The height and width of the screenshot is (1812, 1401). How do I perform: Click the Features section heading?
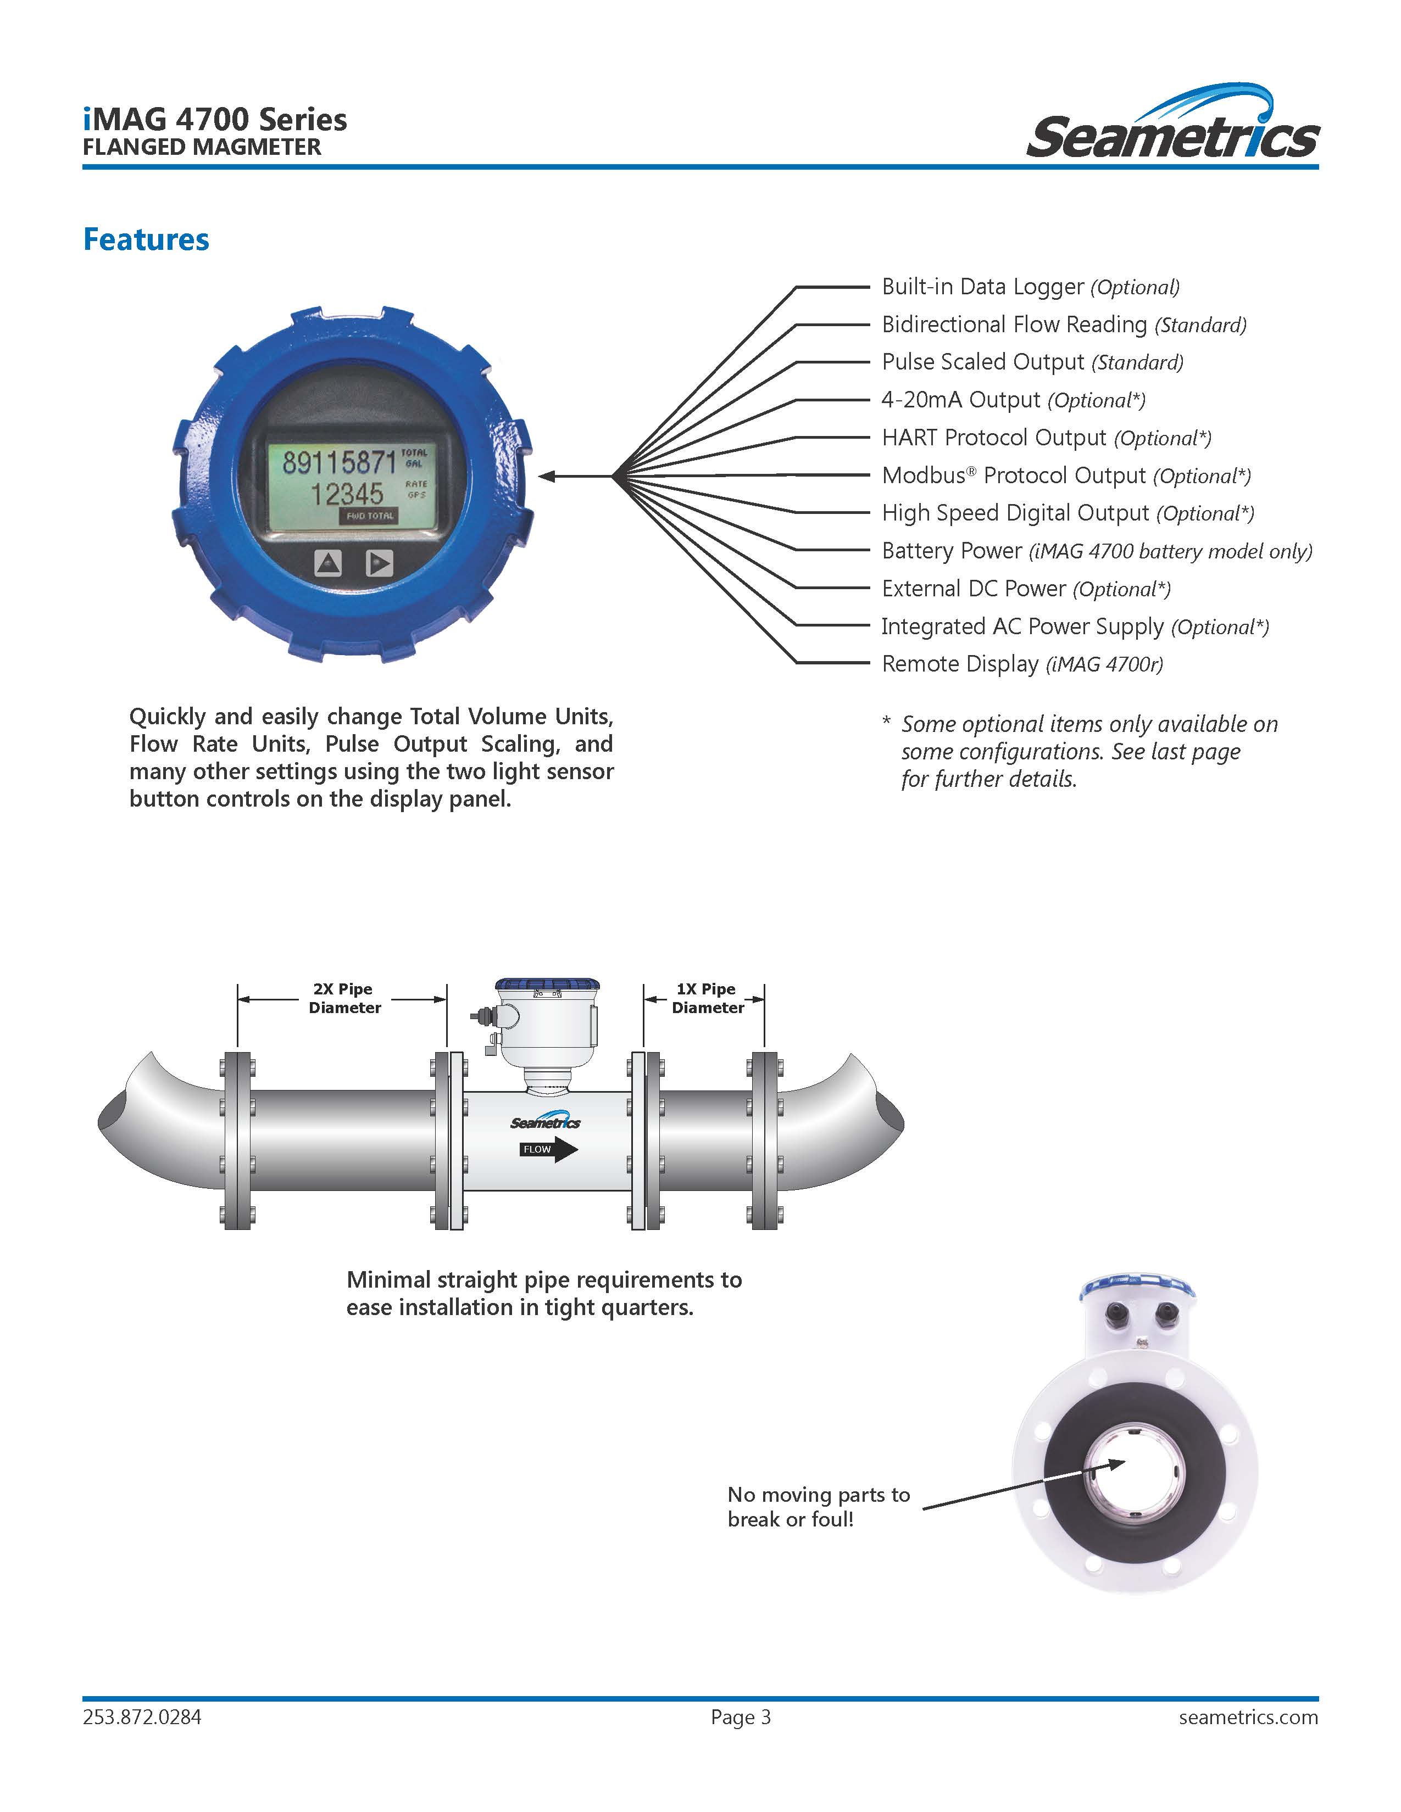[146, 240]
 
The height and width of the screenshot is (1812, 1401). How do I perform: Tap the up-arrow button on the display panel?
[328, 563]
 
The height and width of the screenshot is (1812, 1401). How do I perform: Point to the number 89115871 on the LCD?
[338, 462]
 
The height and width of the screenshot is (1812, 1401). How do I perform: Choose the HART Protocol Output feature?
[1046, 438]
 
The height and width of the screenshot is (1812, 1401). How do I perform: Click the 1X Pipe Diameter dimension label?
[707, 998]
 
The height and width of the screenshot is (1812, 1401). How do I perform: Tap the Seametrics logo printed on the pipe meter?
[546, 1122]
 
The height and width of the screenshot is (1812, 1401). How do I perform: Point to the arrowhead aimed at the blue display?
[548, 476]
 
